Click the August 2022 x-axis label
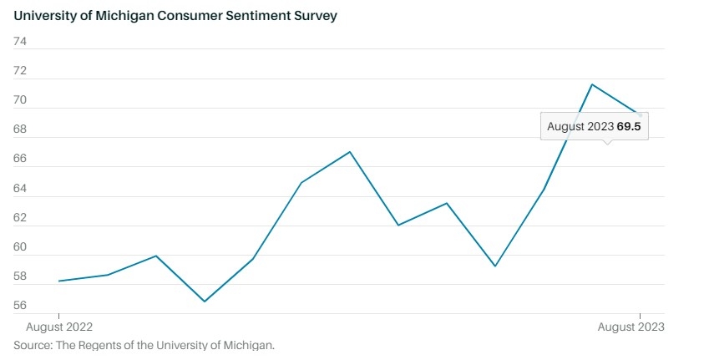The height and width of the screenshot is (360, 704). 60,327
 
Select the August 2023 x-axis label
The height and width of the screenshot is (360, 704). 631,327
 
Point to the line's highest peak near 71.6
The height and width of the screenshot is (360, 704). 592,84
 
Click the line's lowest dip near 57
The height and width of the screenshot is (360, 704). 205,302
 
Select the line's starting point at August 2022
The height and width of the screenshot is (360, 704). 58,281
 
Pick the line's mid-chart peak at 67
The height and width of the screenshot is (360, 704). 350,152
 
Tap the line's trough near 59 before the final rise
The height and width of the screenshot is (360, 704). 495,266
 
